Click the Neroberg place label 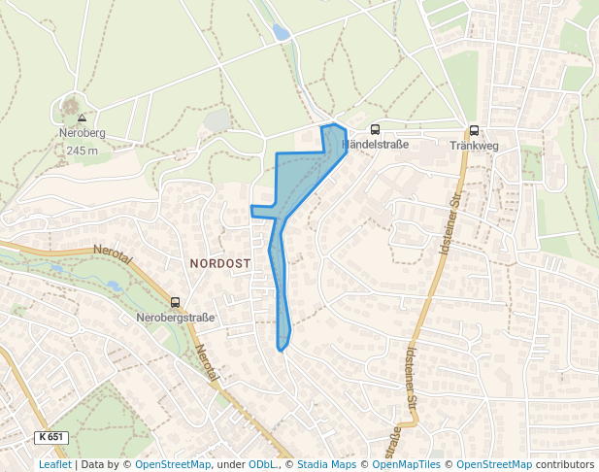82,134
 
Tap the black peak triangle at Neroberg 82,118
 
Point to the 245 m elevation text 83,151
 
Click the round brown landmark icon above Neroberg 70,101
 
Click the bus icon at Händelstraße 376,130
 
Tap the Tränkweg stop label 474,146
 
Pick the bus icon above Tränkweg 474,130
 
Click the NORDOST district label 220,263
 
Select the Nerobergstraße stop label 176,318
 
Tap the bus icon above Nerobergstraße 176,302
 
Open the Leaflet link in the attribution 54,465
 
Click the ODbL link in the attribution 261,465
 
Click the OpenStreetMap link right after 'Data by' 173,465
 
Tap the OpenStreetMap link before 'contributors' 494,465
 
